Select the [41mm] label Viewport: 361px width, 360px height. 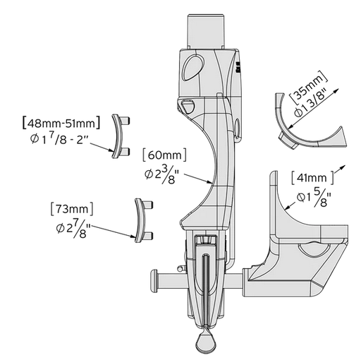coord(309,181)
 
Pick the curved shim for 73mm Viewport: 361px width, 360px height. coord(140,220)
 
